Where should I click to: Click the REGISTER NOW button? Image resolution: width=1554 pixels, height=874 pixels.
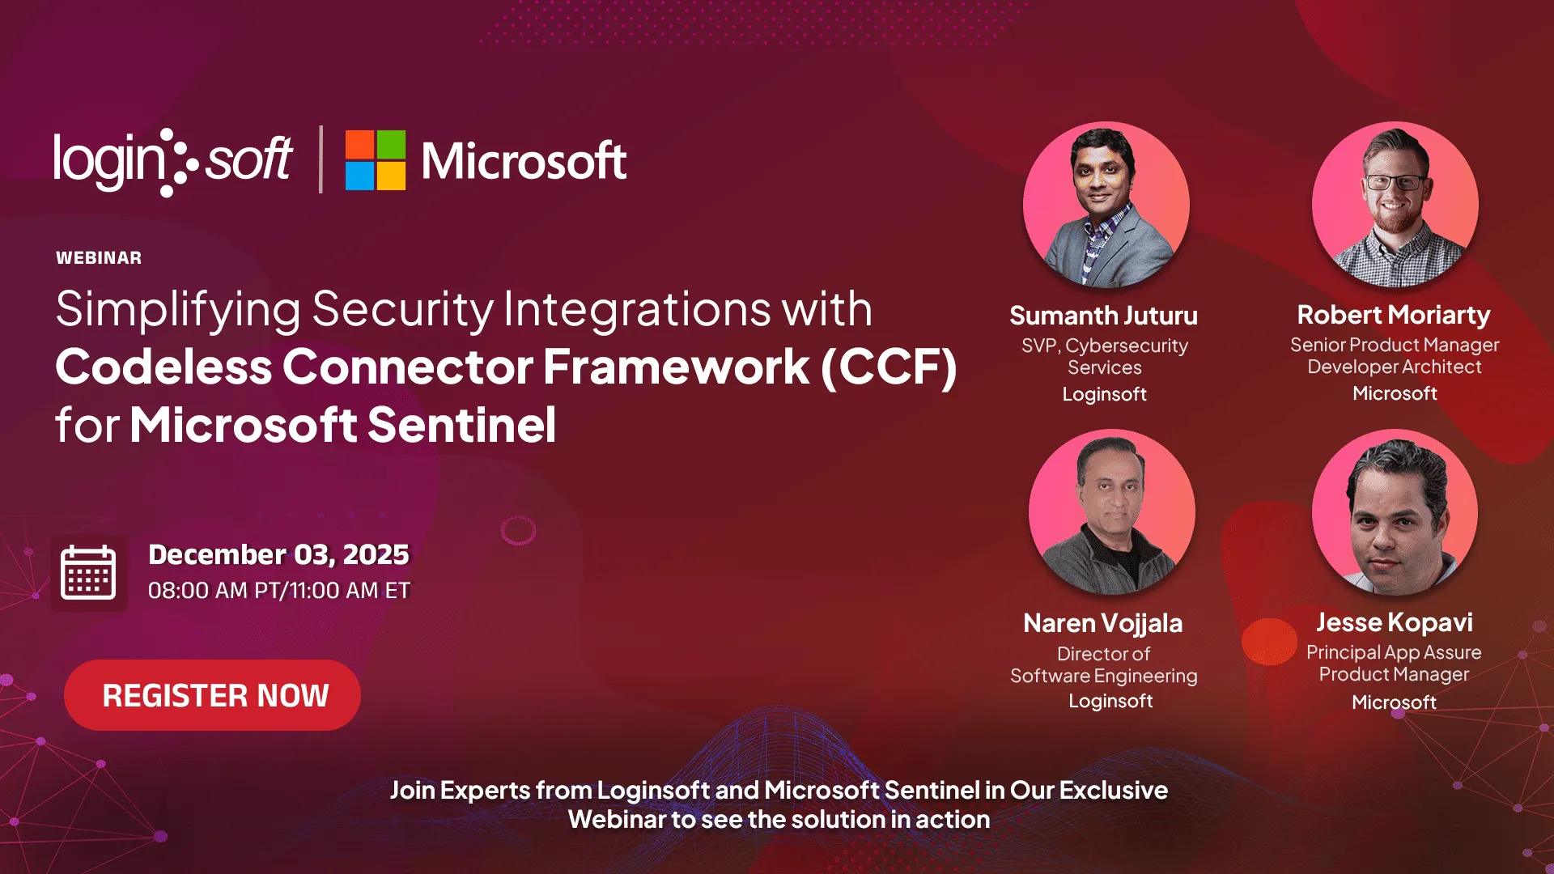(x=212, y=695)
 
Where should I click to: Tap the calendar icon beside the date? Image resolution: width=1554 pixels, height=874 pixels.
(x=88, y=572)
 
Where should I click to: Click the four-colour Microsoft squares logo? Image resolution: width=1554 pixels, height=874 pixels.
(x=375, y=160)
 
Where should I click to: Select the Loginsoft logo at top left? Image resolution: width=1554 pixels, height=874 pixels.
(x=172, y=160)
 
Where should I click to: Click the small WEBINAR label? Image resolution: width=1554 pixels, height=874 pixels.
(x=99, y=258)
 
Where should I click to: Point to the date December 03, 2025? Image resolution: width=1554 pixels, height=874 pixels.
(x=278, y=554)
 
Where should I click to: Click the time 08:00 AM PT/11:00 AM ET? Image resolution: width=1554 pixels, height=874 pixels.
(x=278, y=591)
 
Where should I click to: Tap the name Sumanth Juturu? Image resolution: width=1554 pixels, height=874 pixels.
(x=1103, y=316)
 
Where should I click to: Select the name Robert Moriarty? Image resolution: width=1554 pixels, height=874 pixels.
(x=1393, y=315)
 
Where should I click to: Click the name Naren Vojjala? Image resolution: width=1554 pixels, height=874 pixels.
(x=1102, y=623)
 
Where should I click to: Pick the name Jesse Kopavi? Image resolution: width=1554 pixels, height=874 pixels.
(x=1394, y=622)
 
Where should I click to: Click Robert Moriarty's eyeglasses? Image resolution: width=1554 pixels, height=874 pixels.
(x=1394, y=182)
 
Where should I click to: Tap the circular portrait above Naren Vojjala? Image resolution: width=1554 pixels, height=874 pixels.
(x=1111, y=512)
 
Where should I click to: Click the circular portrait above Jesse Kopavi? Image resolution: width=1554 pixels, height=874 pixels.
(x=1394, y=512)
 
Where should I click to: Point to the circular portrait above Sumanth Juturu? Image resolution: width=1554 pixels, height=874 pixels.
(x=1106, y=205)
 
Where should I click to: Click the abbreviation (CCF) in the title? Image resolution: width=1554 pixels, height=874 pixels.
(x=889, y=367)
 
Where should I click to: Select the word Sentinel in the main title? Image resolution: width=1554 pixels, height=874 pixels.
(x=462, y=425)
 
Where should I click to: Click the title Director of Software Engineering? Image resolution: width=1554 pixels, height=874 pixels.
(x=1103, y=664)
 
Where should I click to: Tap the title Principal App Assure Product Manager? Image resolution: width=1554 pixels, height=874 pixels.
(x=1394, y=663)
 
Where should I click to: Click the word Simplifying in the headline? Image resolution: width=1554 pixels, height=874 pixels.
(x=178, y=310)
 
